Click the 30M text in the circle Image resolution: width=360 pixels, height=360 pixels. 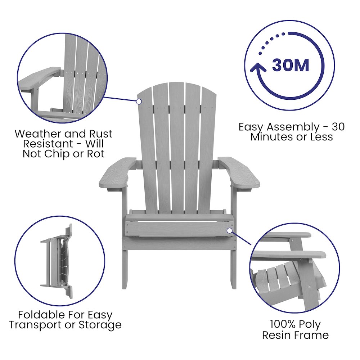pos(291,65)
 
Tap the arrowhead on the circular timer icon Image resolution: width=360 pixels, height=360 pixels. pos(258,68)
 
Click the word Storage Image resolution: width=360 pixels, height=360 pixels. pos(100,325)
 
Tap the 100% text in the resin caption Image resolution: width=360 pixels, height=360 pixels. pos(282,324)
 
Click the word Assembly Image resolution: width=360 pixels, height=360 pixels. pos(293,127)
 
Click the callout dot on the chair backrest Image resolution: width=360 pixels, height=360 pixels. pos(139,102)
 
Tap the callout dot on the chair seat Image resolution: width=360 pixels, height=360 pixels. pos(230,231)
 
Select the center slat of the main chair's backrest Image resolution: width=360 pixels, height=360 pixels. pos(177,147)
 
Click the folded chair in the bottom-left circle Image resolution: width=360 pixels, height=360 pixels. pos(57,261)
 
